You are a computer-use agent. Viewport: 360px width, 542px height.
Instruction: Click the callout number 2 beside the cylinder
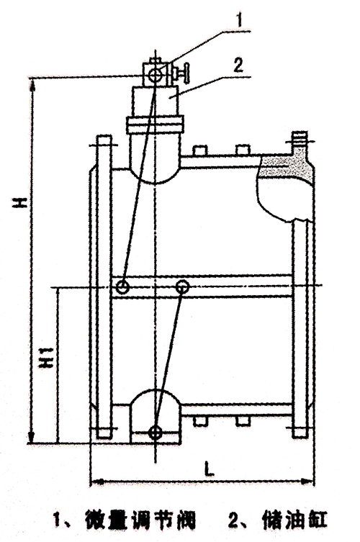tap(238, 65)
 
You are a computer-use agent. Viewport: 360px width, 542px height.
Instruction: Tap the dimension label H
tap(20, 202)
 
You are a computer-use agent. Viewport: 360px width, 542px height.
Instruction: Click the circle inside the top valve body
tap(155, 75)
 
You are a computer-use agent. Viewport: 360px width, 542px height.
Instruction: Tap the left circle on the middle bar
tap(122, 287)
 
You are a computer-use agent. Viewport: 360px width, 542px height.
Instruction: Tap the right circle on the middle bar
tap(182, 286)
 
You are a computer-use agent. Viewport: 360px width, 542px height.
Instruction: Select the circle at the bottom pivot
tap(156, 432)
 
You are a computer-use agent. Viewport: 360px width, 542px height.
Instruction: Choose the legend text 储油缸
tap(293, 520)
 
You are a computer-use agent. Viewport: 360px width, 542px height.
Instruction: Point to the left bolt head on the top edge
tap(199, 150)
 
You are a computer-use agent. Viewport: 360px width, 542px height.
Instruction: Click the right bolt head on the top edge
tap(243, 150)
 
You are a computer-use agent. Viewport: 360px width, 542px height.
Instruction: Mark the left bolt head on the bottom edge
tap(200, 420)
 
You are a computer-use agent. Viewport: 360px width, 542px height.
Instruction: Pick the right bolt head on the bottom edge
tap(243, 420)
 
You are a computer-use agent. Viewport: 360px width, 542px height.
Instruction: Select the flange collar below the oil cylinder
tap(155, 125)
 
